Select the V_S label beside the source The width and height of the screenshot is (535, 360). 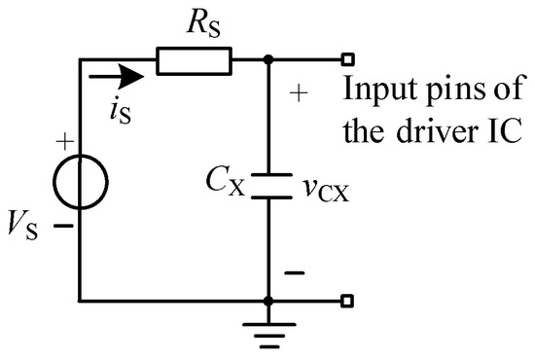(31, 232)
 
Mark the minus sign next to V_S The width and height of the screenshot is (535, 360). (64, 226)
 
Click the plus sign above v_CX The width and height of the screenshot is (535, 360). (300, 94)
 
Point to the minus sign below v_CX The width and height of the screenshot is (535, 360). (300, 273)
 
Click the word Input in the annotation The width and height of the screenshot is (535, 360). (374, 93)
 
